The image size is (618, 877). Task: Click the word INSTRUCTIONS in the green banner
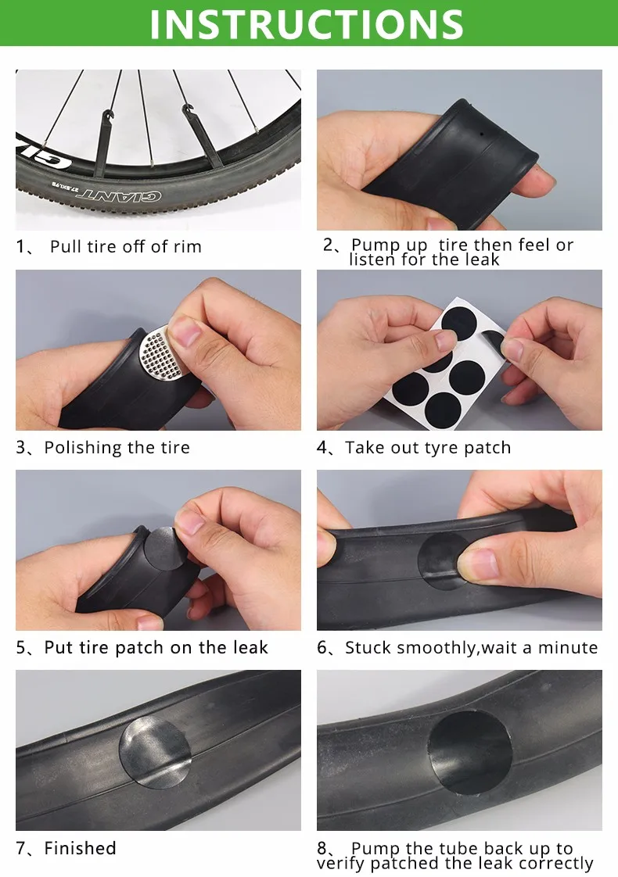(x=307, y=23)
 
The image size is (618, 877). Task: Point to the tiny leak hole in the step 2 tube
(x=482, y=134)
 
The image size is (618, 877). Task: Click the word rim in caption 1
(x=187, y=247)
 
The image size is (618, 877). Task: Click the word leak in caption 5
(x=250, y=648)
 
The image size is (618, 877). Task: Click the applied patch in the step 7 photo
(x=155, y=752)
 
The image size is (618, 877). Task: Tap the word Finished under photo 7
(x=80, y=849)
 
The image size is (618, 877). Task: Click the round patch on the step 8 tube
(x=470, y=753)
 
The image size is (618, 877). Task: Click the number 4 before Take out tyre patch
(x=322, y=448)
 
